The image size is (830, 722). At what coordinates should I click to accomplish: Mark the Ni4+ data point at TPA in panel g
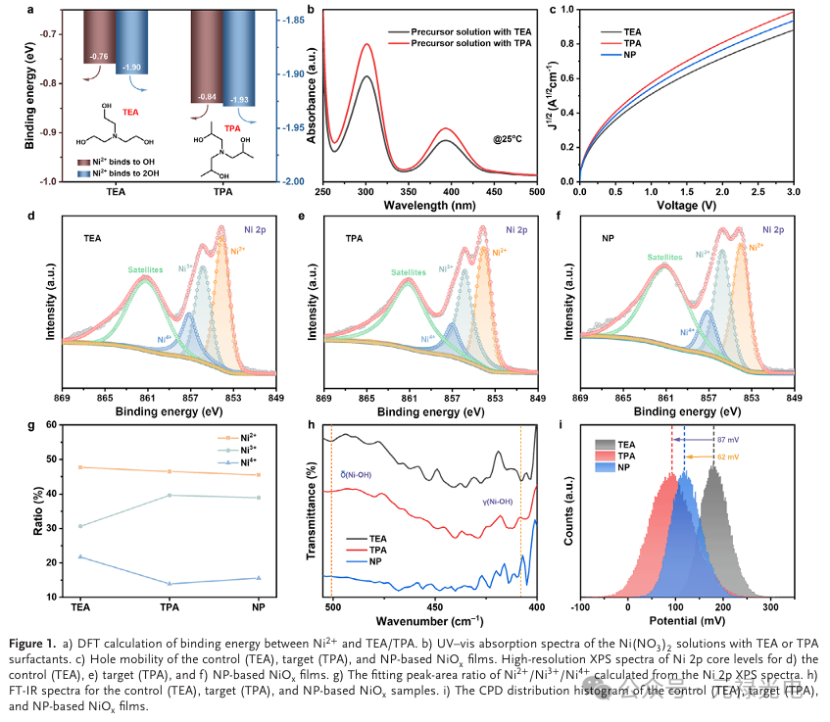[x=171, y=584]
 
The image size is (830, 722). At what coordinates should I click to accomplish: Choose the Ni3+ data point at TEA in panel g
[x=80, y=526]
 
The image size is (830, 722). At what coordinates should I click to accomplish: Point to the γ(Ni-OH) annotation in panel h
[x=498, y=502]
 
